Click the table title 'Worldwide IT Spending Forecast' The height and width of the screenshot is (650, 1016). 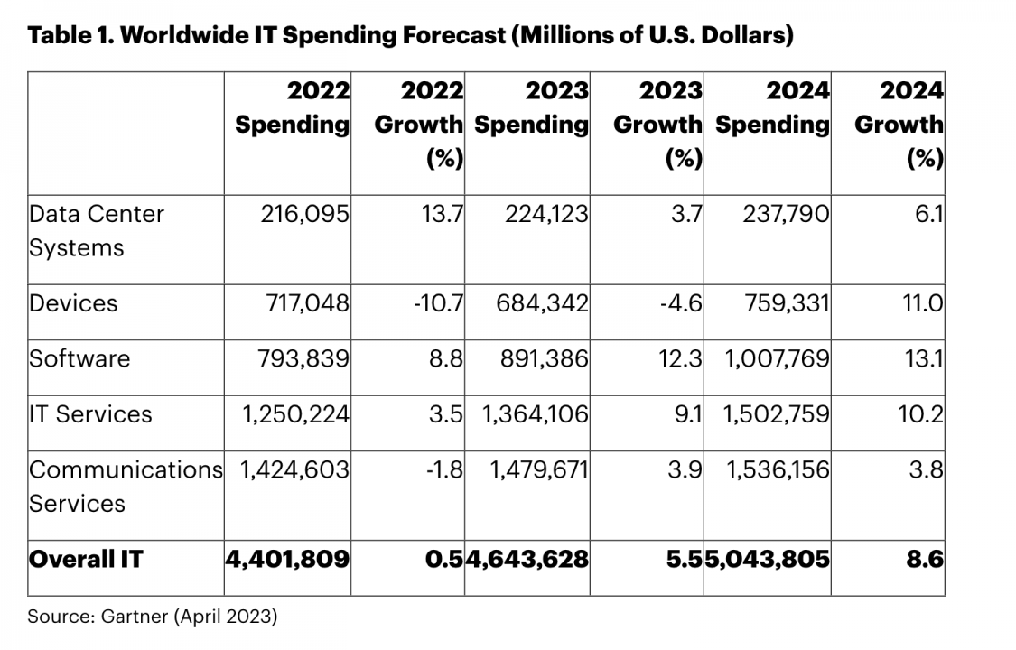pos(411,36)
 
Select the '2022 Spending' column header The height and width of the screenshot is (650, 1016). pos(293,107)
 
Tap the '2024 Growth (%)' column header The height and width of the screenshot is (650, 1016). pos(899,124)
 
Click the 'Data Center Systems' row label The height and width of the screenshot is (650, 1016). pos(97,230)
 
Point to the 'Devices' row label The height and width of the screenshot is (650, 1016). pos(73,302)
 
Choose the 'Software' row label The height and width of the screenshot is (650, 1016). pos(79,358)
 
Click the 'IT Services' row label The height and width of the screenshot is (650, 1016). pos(90,414)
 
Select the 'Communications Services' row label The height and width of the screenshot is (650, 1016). pos(125,486)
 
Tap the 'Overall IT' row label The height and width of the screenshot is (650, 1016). pos(85,559)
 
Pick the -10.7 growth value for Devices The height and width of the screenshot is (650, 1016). pos(440,302)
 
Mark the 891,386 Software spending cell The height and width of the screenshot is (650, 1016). pos(543,358)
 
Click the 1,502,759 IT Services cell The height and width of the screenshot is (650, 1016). pos(777,414)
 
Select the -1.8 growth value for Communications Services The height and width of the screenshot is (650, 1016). pos(444,469)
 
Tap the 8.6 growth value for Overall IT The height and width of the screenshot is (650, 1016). pos(925,559)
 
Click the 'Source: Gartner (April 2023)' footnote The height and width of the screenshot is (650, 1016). pos(153,617)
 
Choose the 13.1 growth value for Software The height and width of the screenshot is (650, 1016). pos(926,358)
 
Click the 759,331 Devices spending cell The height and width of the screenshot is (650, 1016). pos(784,302)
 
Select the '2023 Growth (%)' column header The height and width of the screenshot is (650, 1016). pos(657,124)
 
